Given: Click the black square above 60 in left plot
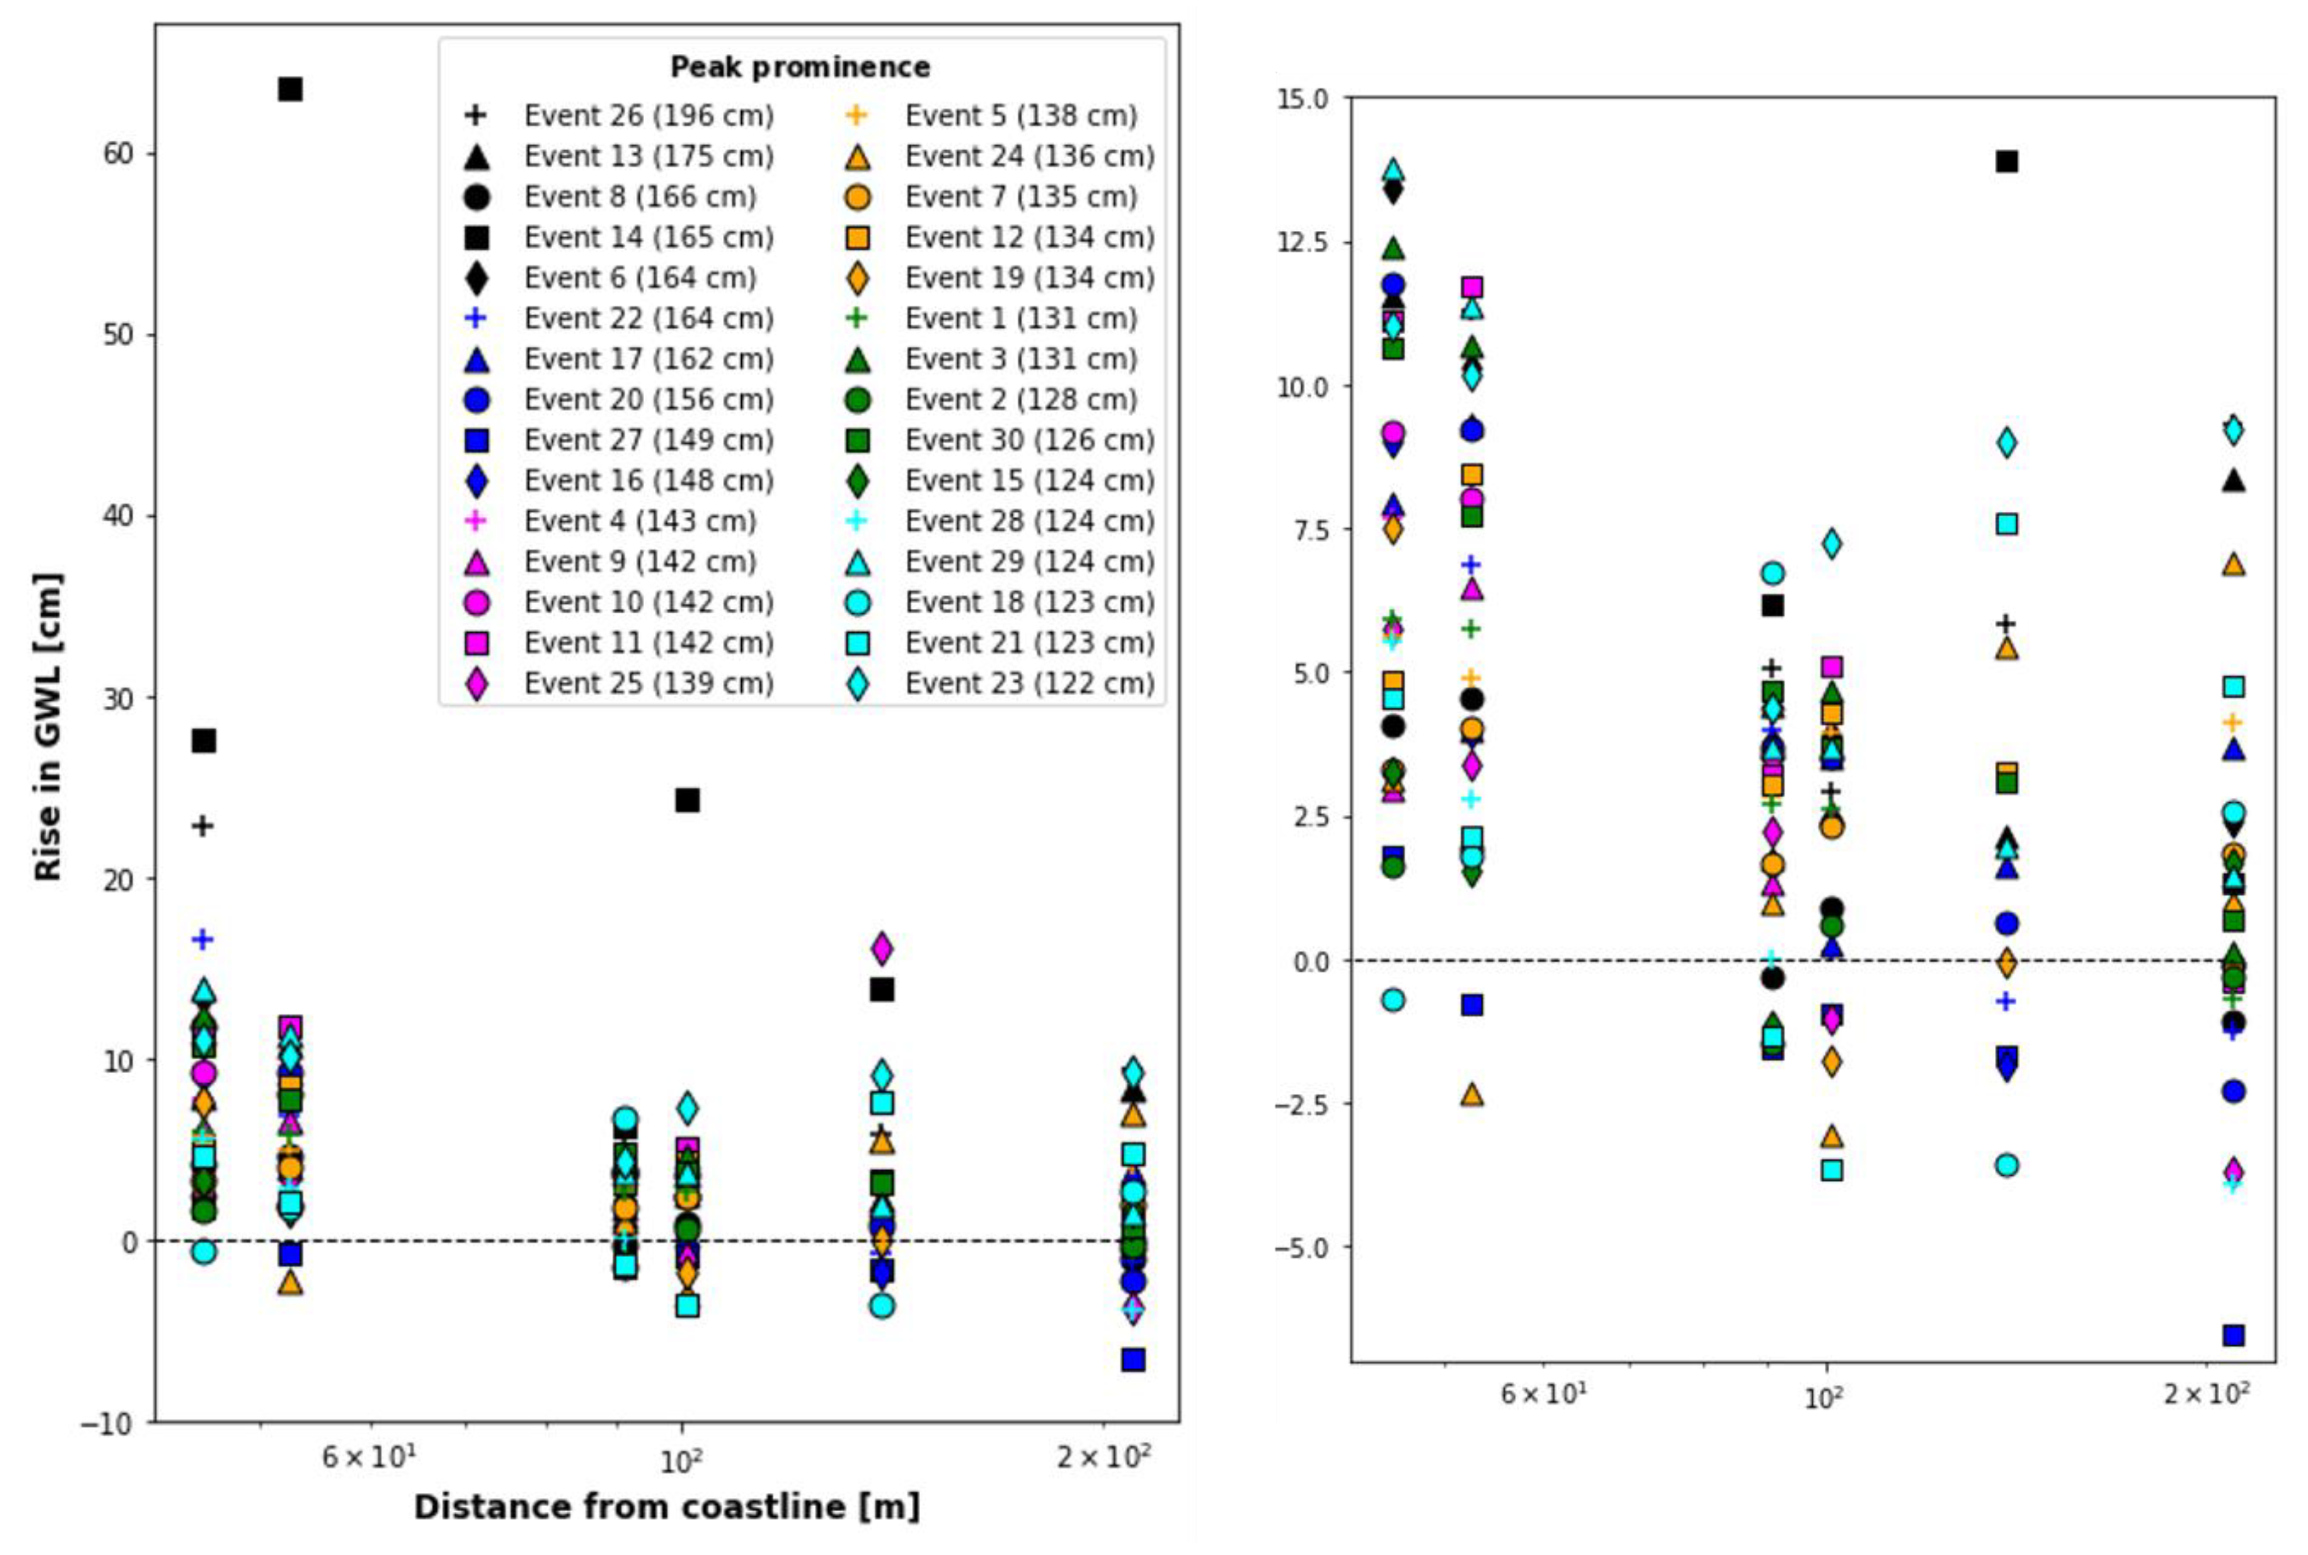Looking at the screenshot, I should click(290, 89).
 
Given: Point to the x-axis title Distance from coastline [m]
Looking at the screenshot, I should click(667, 1506).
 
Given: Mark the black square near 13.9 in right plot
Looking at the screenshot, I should click(2006, 161).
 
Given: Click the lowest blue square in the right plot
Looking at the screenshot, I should click(2234, 1335).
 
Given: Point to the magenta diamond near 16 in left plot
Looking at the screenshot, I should click(881, 948).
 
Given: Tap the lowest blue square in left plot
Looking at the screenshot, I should click(1132, 1359).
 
